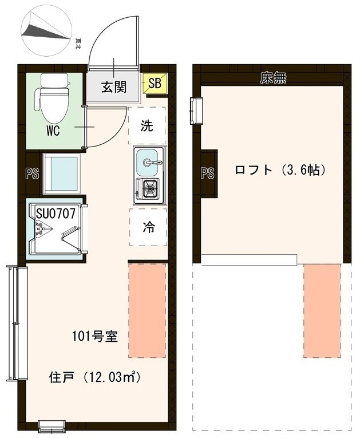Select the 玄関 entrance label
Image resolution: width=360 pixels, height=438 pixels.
(x=114, y=87)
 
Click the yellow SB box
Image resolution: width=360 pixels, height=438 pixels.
(x=155, y=84)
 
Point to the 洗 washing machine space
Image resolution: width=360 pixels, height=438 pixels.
(x=147, y=126)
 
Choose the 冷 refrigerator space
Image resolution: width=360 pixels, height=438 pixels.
(x=148, y=227)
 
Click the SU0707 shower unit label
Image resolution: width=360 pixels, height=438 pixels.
(x=56, y=214)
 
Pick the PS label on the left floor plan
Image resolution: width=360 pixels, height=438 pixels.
(x=32, y=173)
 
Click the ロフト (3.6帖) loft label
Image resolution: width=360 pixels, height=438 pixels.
(x=280, y=170)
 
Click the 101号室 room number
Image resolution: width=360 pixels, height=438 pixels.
(x=94, y=336)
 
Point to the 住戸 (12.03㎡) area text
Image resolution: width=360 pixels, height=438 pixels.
(x=95, y=377)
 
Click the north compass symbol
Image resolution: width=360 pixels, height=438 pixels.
(x=46, y=33)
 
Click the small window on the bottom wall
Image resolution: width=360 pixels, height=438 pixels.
(x=52, y=426)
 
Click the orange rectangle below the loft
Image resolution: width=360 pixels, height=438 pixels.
(x=322, y=310)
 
